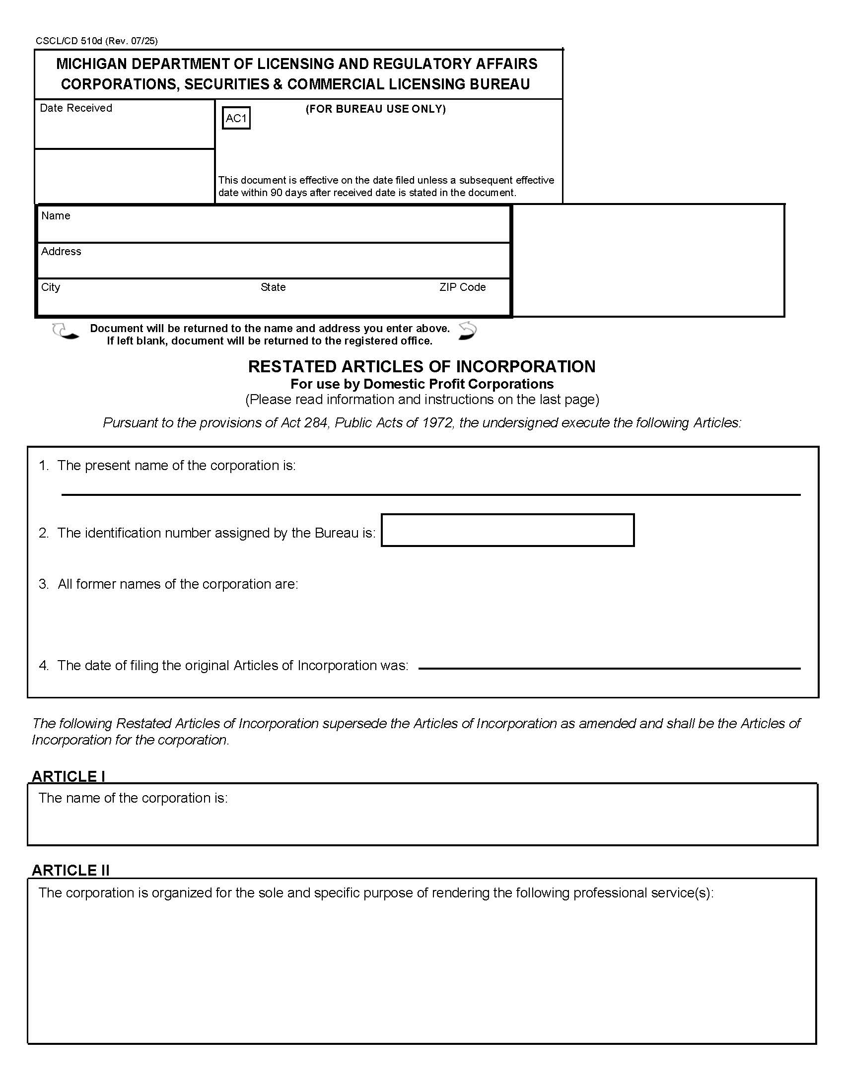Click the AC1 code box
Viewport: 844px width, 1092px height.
236,119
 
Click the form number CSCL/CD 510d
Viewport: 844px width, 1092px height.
69,41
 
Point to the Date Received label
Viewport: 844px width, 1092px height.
76,108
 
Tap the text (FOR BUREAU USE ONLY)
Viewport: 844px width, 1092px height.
375,109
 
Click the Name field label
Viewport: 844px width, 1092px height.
56,215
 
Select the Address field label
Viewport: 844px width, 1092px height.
61,252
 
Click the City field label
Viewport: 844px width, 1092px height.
51,287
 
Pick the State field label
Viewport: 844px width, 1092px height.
273,287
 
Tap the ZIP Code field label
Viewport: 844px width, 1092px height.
463,287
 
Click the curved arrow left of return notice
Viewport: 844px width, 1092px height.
65,332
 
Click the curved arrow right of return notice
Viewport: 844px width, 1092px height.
468,331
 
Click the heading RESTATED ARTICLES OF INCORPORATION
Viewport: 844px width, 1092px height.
422,366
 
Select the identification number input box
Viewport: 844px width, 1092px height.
507,530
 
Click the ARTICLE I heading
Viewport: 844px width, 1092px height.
69,776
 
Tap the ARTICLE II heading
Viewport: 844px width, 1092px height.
70,870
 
